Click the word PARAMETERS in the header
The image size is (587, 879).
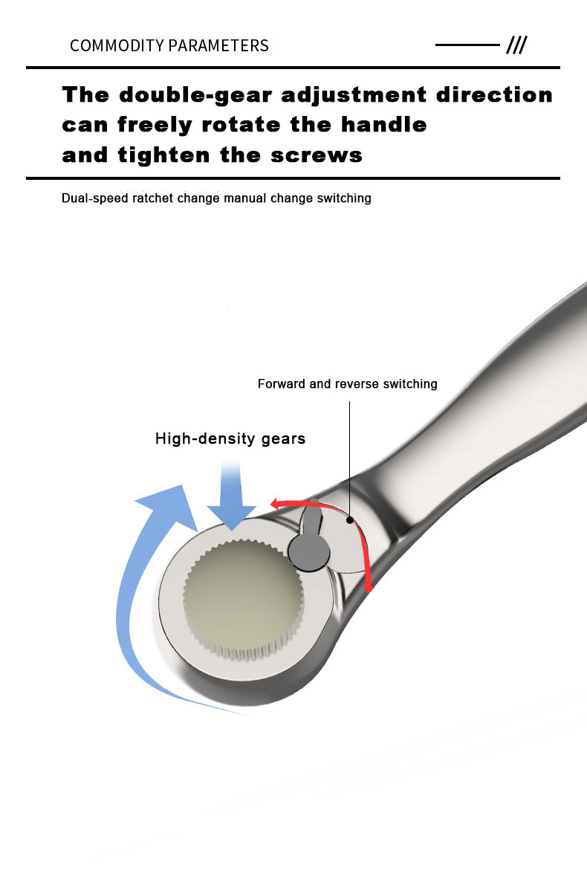[x=218, y=45]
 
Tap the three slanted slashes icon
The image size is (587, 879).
[x=516, y=45]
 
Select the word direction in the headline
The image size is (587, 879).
[x=495, y=94]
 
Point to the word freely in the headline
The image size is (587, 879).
[x=155, y=125]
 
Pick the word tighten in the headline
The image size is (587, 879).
[x=164, y=155]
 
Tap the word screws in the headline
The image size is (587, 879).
[x=317, y=155]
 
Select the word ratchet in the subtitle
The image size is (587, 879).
[x=153, y=198]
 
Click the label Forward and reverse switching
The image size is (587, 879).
[x=348, y=384]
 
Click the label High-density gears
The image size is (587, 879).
[x=230, y=438]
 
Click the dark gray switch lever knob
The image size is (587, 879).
[x=310, y=551]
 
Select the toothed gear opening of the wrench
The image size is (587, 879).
[x=243, y=597]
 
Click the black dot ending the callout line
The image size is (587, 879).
[x=350, y=520]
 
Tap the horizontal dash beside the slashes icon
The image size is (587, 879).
[x=467, y=45]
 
